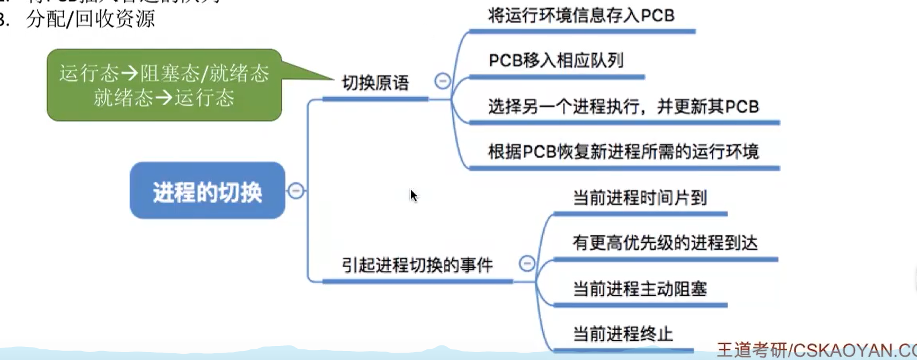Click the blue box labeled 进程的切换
coord(207,191)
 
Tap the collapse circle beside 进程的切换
coord(296,191)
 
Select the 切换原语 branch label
coord(376,83)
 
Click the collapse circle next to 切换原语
coord(442,81)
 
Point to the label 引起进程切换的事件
coord(417,265)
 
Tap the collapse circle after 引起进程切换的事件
coord(527,263)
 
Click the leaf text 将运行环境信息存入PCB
coord(581,15)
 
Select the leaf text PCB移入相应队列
coord(555,60)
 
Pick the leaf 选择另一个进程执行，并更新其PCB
coord(623,106)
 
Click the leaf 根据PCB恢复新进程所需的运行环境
coord(623,151)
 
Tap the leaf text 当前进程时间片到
coord(639,197)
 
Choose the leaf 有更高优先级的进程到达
coord(665,243)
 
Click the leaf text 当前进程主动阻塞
coord(639,289)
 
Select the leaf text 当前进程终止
coord(622,334)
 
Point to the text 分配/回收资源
coord(90,19)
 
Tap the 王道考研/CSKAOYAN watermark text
coord(815,350)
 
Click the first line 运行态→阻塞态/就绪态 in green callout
coord(164,73)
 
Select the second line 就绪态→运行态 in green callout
coord(164,98)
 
